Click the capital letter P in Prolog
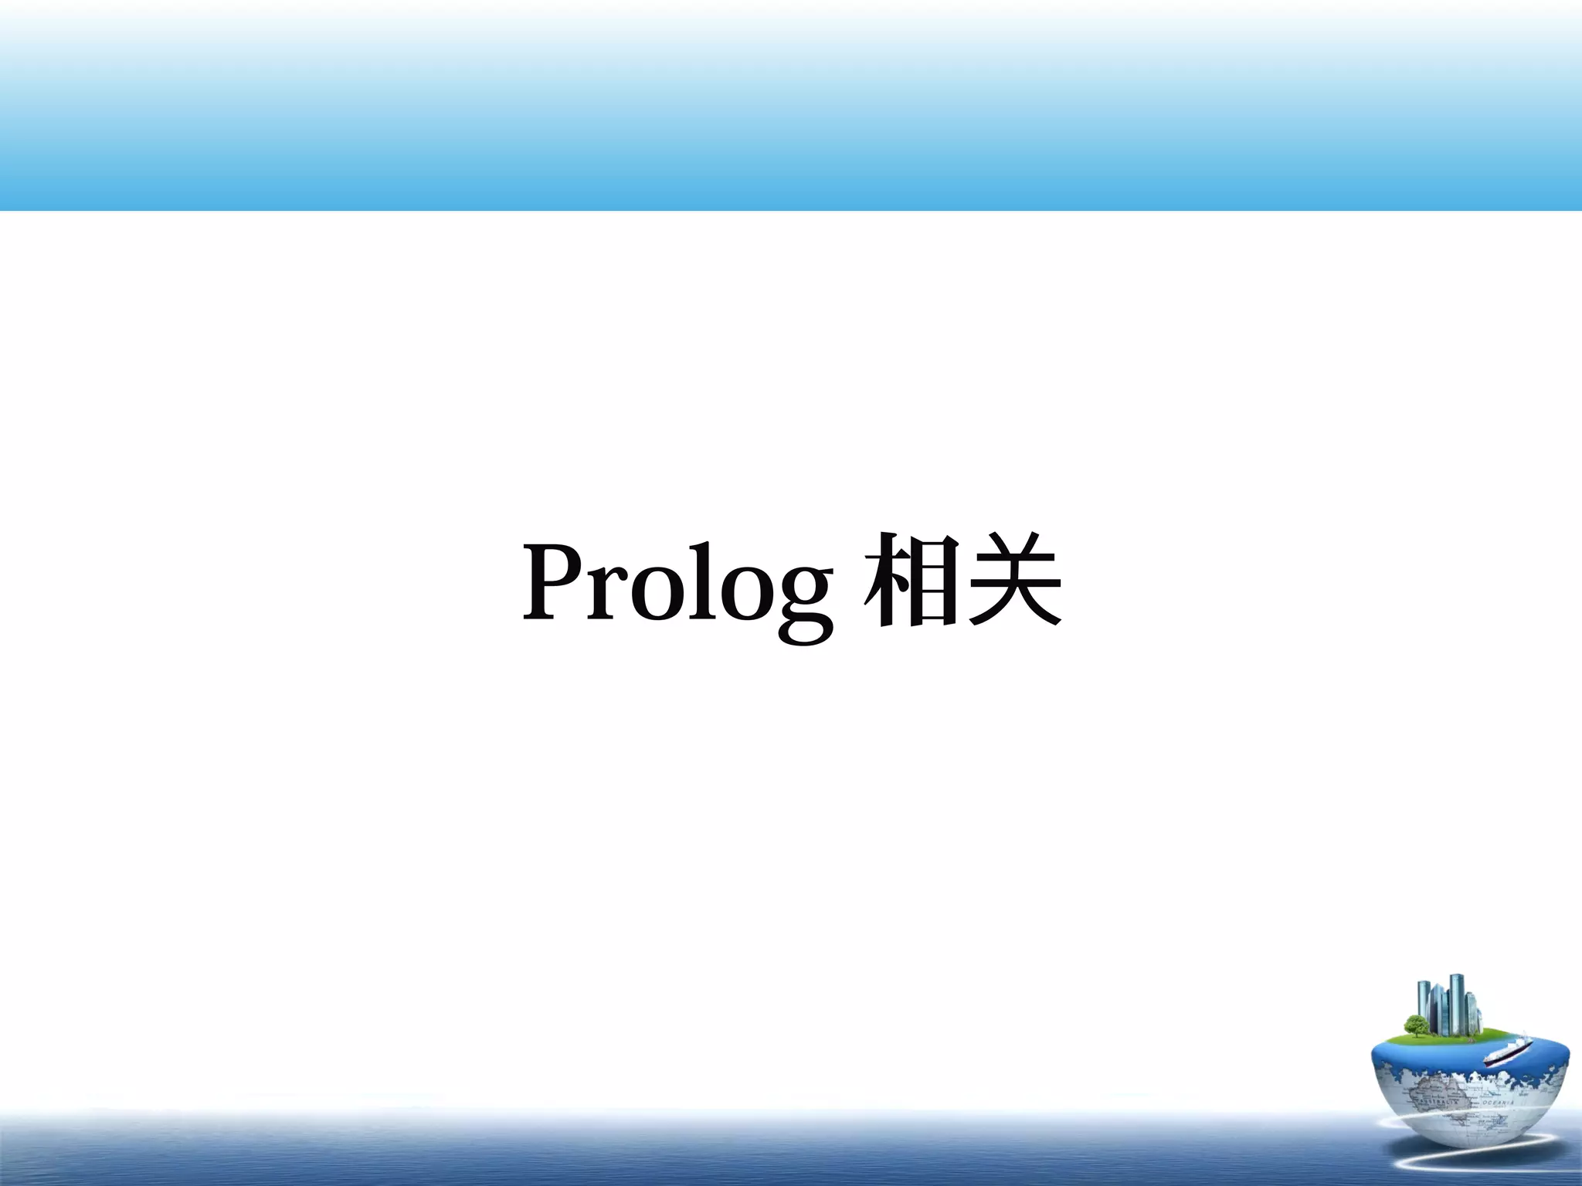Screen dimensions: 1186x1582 [552, 581]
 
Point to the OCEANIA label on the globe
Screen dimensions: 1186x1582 [1498, 1102]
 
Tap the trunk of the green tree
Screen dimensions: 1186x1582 [1417, 1034]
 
